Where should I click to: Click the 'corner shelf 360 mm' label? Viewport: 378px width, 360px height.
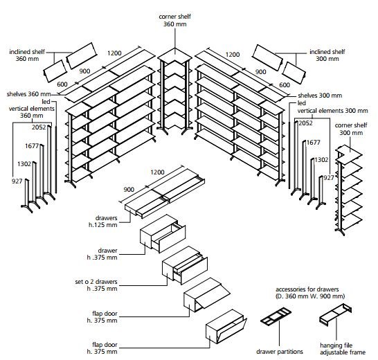pyautogui.click(x=174, y=20)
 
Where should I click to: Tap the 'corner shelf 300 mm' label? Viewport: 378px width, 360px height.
pyautogui.click(x=351, y=129)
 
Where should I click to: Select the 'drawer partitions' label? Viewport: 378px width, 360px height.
pyautogui.click(x=280, y=352)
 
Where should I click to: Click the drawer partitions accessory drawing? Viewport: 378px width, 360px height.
pyautogui.click(x=276, y=316)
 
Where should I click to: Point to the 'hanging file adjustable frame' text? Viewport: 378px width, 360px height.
pyautogui.click(x=343, y=349)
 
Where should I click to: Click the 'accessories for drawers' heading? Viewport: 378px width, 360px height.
pyautogui.click(x=307, y=289)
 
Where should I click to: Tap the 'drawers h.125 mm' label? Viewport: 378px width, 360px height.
pyautogui.click(x=103, y=222)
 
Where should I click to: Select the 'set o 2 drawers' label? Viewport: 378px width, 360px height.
pyautogui.click(x=96, y=281)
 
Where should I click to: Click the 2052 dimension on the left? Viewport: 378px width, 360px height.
pyautogui.click(x=39, y=127)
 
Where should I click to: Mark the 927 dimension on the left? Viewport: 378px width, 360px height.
pyautogui.click(x=17, y=181)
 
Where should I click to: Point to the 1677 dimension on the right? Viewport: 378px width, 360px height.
pyautogui.click(x=313, y=143)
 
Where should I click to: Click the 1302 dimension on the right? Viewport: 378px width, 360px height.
pyautogui.click(x=321, y=160)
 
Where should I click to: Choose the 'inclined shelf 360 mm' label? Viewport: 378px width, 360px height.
pyautogui.click(x=27, y=55)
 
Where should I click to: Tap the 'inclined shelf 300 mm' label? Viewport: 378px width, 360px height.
pyautogui.click(x=327, y=55)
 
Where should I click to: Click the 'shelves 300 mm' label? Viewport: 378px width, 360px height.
pyautogui.click(x=320, y=96)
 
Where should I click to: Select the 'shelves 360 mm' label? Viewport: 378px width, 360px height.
pyautogui.click(x=28, y=94)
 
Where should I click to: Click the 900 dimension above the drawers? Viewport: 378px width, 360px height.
pyautogui.click(x=129, y=190)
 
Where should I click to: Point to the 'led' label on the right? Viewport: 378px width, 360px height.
pyautogui.click(x=302, y=103)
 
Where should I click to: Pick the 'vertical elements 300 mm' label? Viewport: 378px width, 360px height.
pyautogui.click(x=333, y=111)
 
